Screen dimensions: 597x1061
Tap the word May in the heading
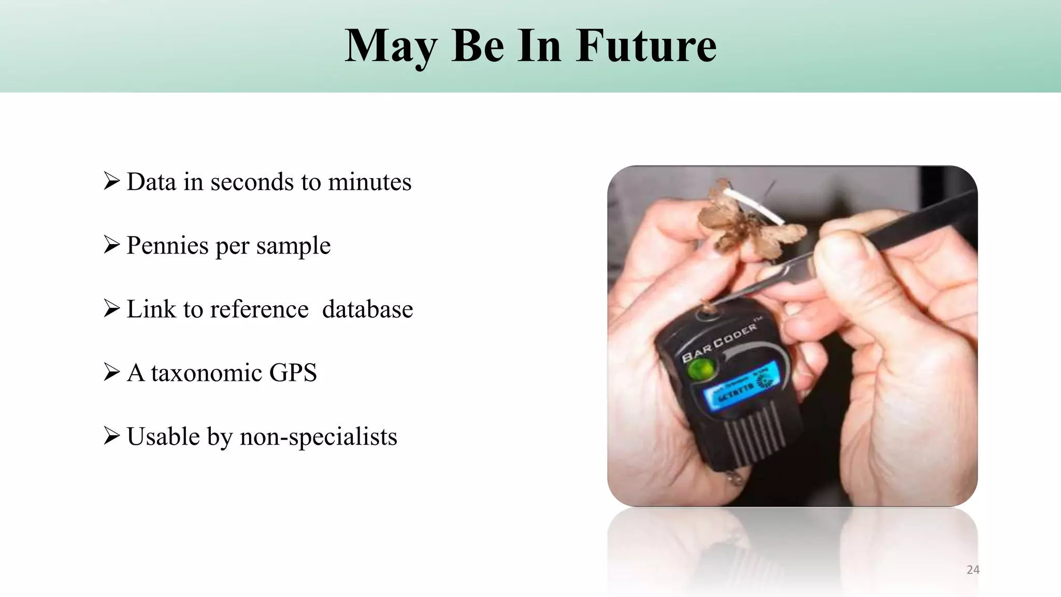390,47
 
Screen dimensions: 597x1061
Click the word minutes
369,182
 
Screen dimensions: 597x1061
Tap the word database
367,309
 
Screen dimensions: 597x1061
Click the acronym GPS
293,373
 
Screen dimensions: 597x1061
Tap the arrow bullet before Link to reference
111,308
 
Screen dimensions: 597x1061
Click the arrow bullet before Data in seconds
111,181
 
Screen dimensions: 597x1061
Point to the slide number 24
973,570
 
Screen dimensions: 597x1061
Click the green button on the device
700,370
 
